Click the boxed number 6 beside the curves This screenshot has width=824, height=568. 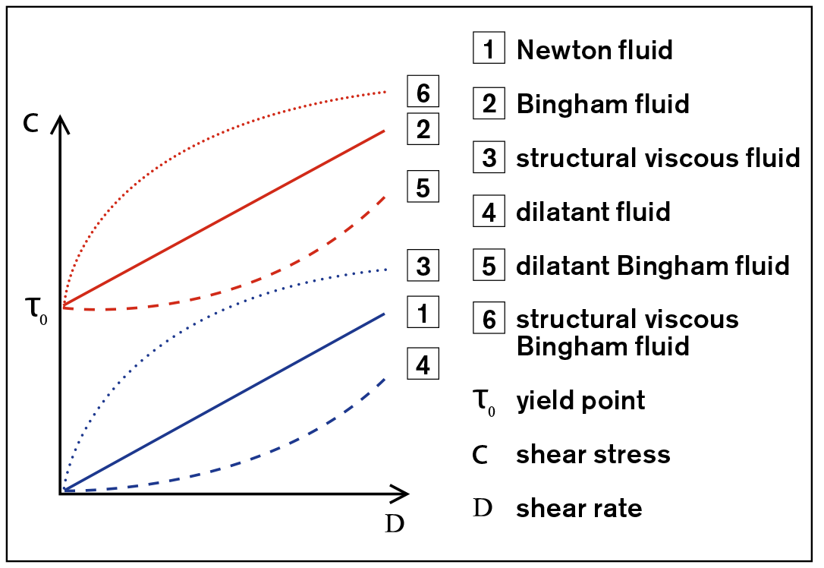click(x=423, y=92)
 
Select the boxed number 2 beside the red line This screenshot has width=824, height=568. click(x=423, y=128)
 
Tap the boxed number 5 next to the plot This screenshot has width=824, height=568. click(x=423, y=186)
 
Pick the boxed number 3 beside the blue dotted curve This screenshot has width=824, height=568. click(x=423, y=266)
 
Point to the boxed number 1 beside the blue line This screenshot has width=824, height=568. click(x=423, y=312)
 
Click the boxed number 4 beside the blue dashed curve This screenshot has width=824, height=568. click(x=423, y=364)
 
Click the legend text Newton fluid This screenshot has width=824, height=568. click(x=594, y=50)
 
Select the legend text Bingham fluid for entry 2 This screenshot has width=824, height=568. click(x=602, y=103)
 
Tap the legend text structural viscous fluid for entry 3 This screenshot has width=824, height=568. click(x=658, y=158)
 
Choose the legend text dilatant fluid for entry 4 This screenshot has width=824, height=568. click(x=593, y=211)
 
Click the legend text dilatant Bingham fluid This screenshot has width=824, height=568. click(x=653, y=266)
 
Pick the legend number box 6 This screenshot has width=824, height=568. click(x=489, y=317)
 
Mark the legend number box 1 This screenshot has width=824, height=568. click(x=489, y=48)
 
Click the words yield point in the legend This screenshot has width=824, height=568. click(x=580, y=401)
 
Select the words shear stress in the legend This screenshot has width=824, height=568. click(x=593, y=454)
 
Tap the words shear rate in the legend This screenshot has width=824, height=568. click(x=579, y=508)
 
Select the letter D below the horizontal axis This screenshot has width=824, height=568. click(x=395, y=523)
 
